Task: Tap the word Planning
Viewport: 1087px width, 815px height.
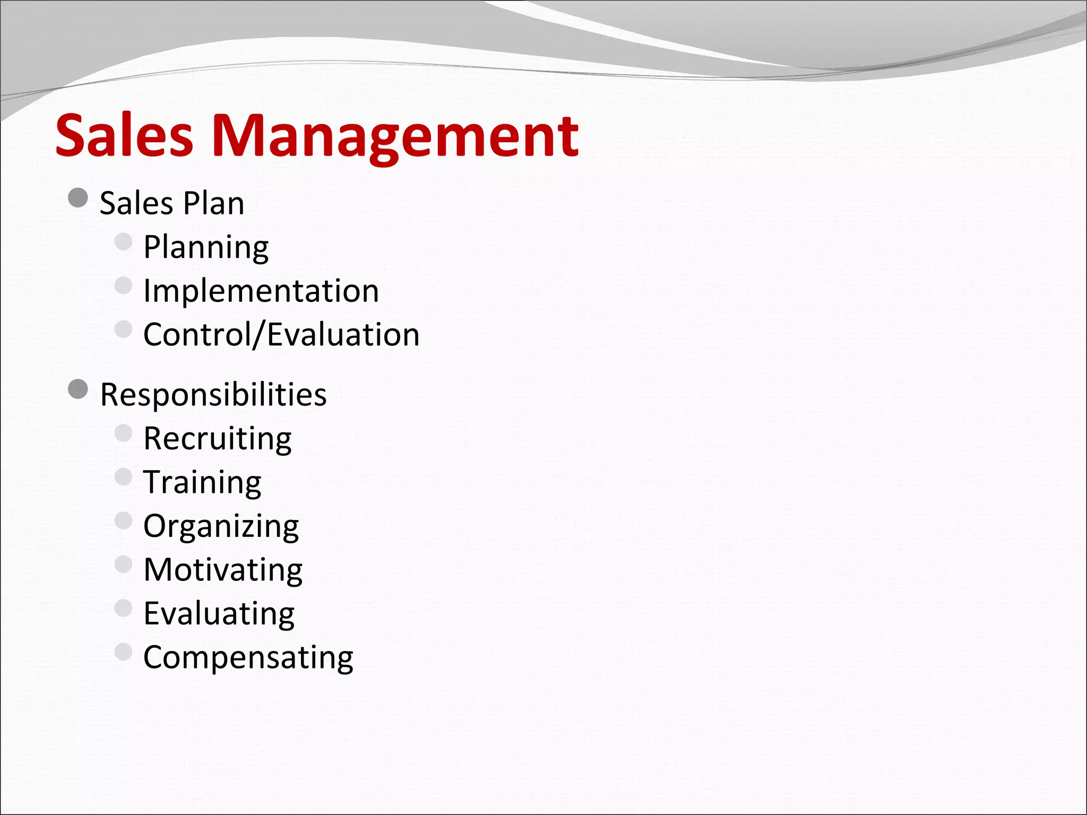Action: click(206, 247)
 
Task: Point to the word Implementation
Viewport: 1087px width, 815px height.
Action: click(261, 291)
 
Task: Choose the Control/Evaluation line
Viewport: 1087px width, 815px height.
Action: click(281, 334)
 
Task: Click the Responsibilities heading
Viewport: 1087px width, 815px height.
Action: click(213, 395)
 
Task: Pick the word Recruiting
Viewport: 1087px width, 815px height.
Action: click(218, 439)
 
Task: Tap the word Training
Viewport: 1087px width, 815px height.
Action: click(202, 482)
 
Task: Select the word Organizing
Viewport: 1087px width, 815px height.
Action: click(221, 526)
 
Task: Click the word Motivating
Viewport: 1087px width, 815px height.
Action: click(223, 570)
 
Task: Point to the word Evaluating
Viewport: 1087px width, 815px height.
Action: click(219, 614)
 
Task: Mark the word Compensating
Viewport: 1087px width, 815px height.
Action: click(248, 657)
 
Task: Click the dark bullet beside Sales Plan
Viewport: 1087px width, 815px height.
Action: click(78, 198)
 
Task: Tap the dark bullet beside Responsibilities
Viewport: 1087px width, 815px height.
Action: click(78, 389)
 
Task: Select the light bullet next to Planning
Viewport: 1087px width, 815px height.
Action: click(123, 242)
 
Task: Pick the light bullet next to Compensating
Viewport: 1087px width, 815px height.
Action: click(123, 652)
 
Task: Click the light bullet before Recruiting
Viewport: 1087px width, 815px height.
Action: click(123, 433)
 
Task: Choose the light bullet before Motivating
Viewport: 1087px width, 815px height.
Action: click(123, 565)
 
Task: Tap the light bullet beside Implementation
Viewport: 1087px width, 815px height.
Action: click(123, 285)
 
